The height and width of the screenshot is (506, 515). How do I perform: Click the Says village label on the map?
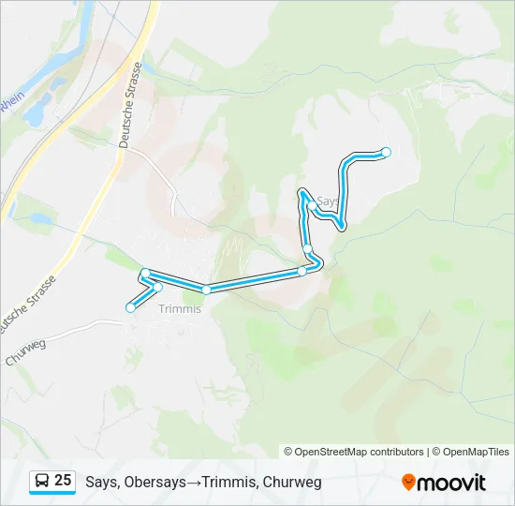point(328,201)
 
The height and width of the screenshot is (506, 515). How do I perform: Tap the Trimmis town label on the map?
point(181,309)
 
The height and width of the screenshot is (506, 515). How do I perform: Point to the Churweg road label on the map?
point(25,352)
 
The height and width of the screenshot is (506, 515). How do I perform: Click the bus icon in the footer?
point(42,482)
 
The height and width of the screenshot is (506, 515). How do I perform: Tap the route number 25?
point(63,481)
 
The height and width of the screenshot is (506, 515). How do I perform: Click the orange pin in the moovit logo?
point(408,483)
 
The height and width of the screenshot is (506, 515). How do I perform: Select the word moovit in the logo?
point(451,483)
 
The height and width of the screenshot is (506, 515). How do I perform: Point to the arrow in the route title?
point(191,483)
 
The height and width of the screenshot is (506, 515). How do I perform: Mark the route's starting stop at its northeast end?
point(386,152)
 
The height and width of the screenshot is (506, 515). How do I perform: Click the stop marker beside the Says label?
point(311,205)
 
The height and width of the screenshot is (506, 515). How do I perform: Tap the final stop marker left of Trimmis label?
point(130,307)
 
